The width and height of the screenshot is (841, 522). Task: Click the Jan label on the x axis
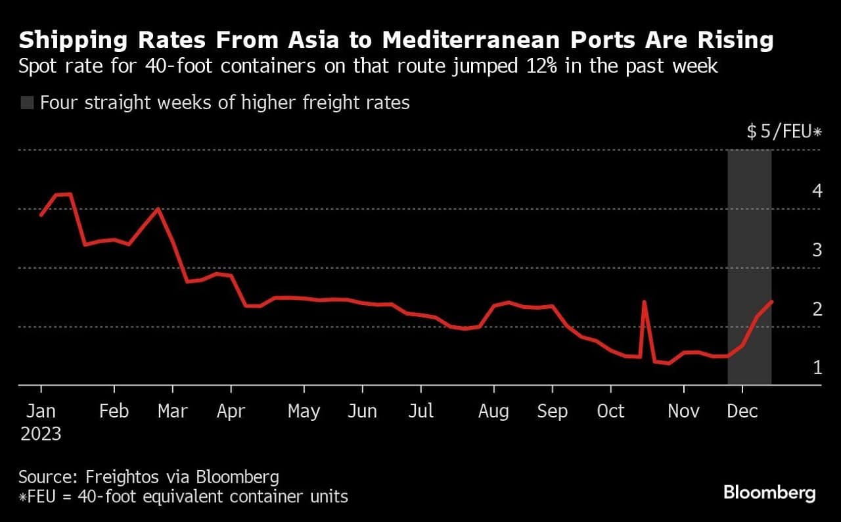click(x=40, y=411)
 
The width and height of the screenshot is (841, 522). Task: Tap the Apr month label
click(x=231, y=411)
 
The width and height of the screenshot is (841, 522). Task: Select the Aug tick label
click(x=493, y=411)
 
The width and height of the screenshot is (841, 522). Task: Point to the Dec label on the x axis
click(x=743, y=411)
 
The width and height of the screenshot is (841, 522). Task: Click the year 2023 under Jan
click(x=40, y=434)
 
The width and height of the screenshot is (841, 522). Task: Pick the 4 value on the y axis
click(x=817, y=191)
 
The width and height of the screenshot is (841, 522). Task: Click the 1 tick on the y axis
click(x=817, y=367)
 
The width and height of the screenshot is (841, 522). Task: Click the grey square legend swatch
click(x=27, y=103)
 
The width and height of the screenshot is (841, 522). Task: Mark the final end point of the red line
click(x=771, y=301)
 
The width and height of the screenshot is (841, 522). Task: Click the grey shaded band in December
click(x=749, y=263)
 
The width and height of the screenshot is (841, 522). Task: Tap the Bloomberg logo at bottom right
click(x=769, y=492)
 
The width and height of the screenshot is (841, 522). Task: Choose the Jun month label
click(x=362, y=411)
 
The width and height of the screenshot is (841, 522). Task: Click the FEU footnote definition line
click(x=183, y=496)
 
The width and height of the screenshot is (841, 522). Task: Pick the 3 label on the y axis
click(x=817, y=250)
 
